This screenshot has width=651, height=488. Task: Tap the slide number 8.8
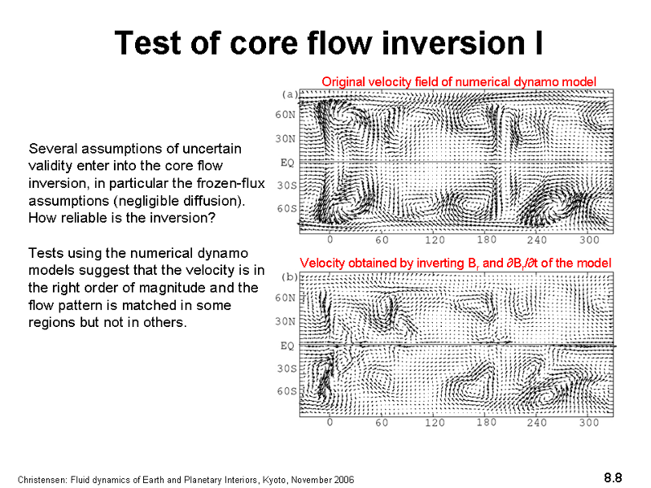(x=613, y=477)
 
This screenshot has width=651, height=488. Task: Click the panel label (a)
(x=290, y=94)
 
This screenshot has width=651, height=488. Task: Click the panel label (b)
(x=290, y=277)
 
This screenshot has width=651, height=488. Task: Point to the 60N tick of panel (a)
(x=286, y=115)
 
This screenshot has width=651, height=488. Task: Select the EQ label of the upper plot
(x=287, y=162)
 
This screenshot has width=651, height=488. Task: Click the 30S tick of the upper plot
(x=287, y=185)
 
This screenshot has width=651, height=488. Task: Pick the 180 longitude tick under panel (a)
(x=486, y=240)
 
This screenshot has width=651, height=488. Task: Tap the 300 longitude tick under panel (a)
(x=589, y=240)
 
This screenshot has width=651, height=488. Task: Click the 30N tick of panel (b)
(x=286, y=321)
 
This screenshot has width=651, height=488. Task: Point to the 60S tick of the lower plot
(x=287, y=391)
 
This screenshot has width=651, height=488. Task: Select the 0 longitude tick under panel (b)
(x=330, y=422)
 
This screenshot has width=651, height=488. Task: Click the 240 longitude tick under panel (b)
(x=537, y=422)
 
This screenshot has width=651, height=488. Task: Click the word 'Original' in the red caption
(x=343, y=82)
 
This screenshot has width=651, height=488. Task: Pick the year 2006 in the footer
(x=344, y=480)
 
